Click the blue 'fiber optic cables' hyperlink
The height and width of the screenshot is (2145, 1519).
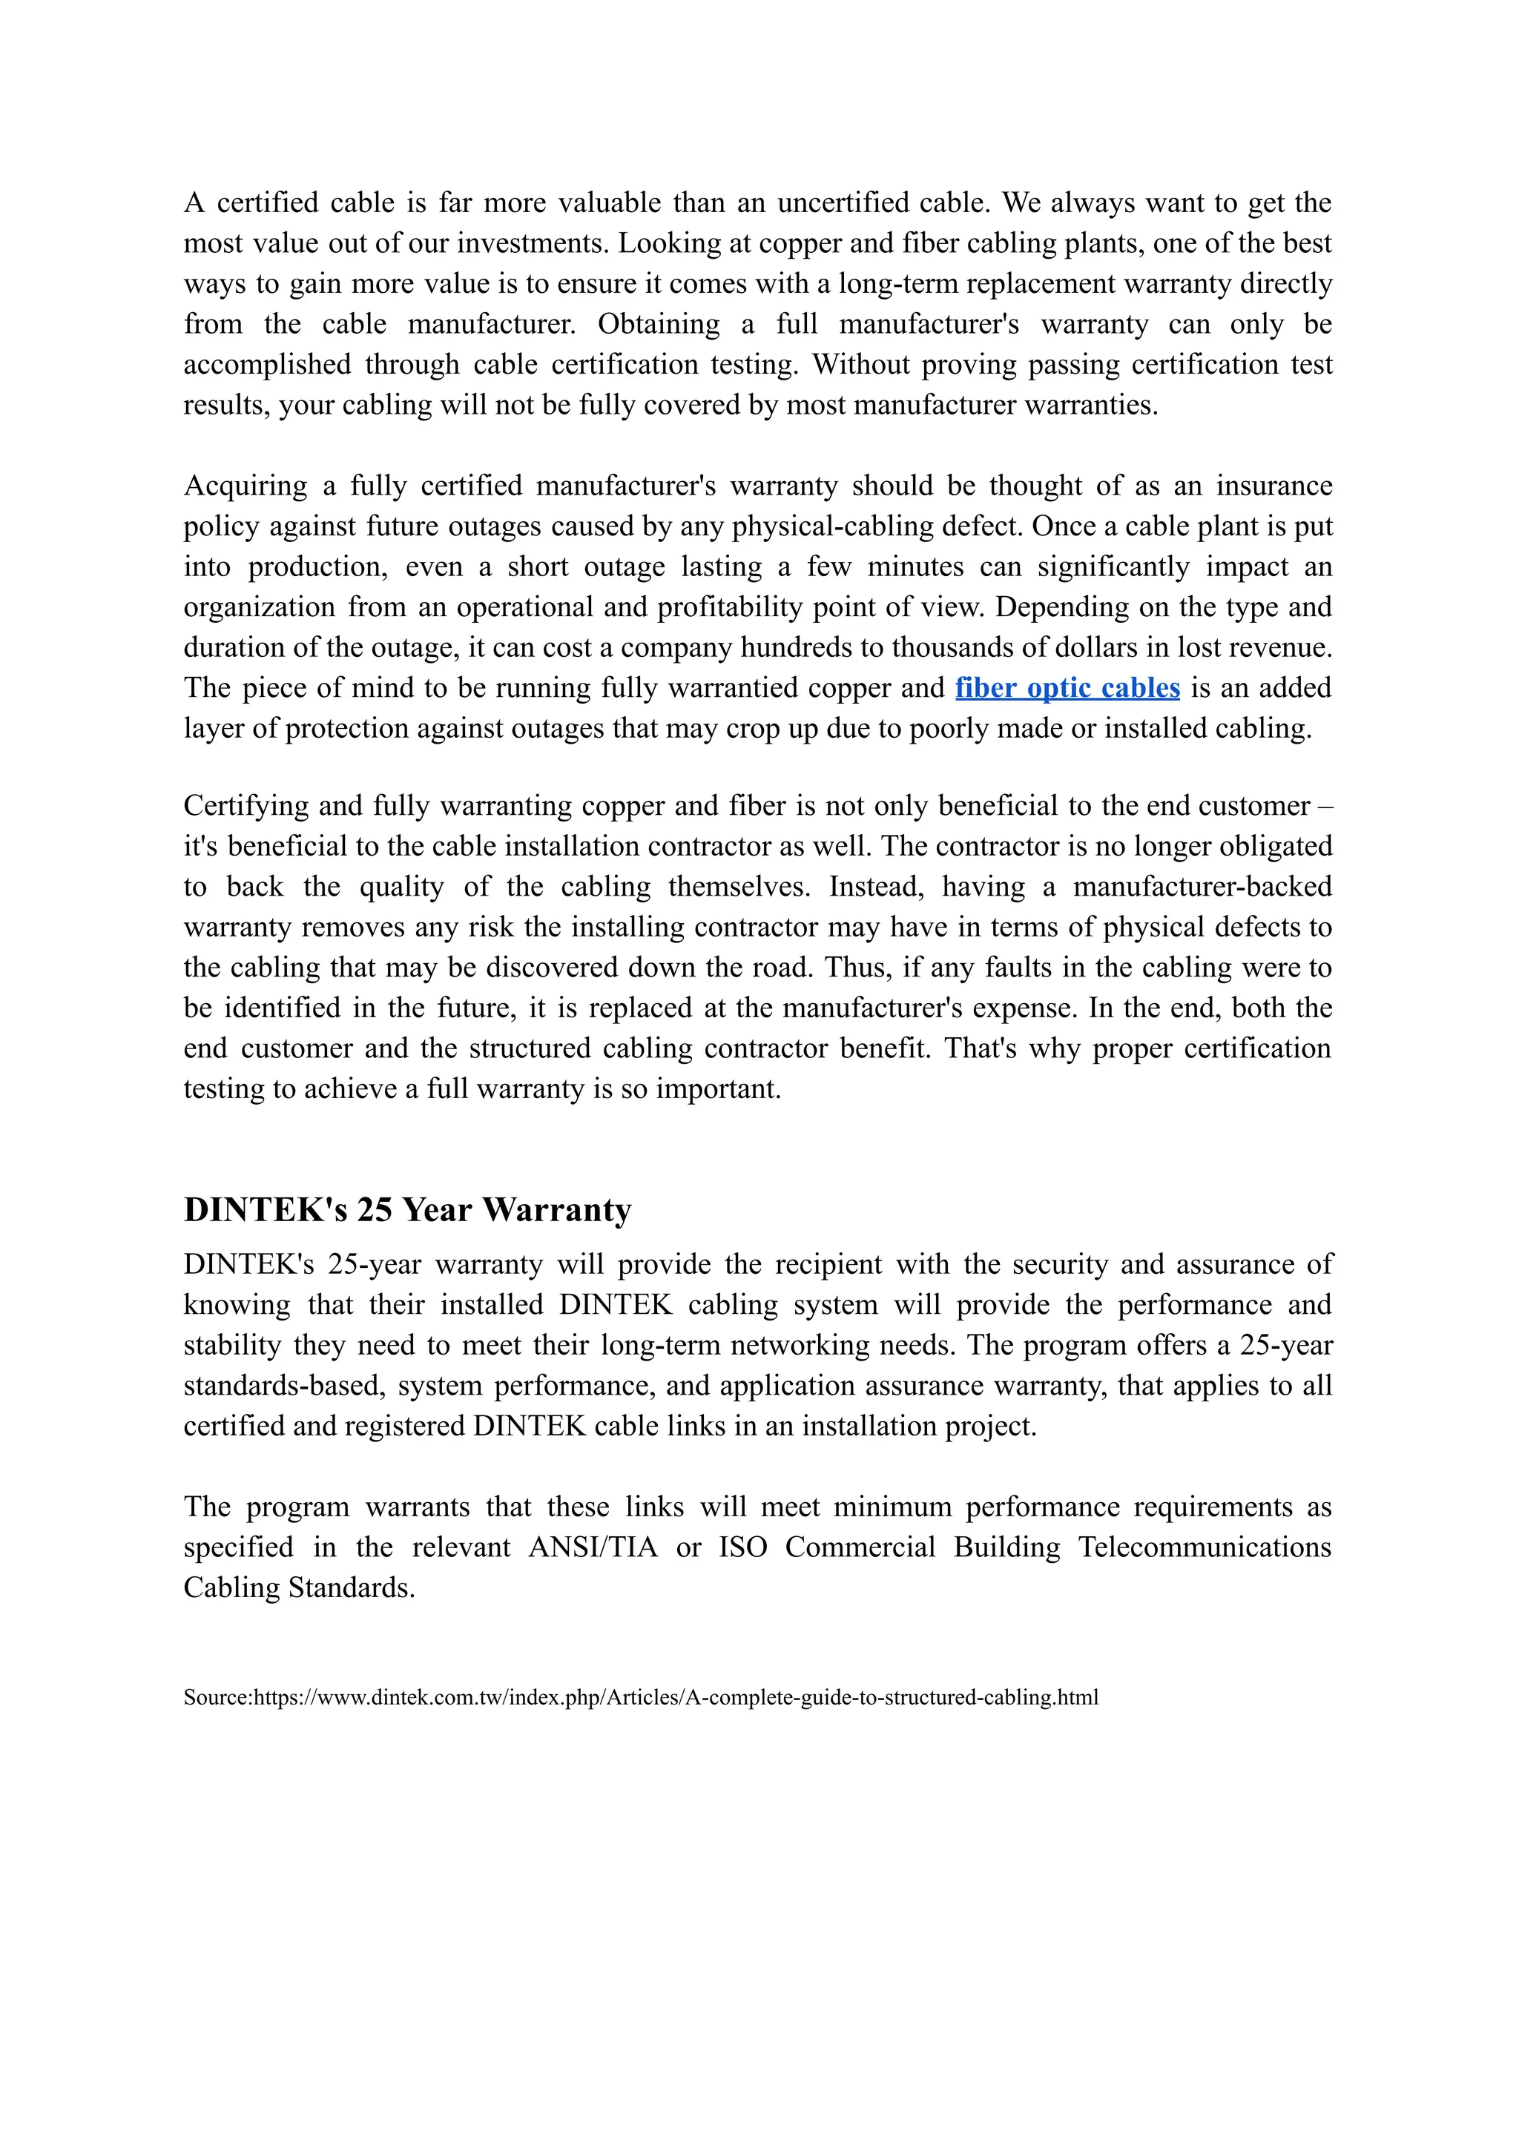1067,688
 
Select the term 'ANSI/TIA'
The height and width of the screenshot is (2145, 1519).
593,1547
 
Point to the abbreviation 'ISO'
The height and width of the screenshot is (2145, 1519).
742,1547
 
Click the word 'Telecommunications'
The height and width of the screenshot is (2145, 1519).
1205,1547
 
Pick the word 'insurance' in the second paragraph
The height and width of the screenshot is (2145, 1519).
1274,486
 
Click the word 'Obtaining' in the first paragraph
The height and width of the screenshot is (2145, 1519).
659,325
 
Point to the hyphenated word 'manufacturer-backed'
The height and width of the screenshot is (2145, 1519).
1202,887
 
